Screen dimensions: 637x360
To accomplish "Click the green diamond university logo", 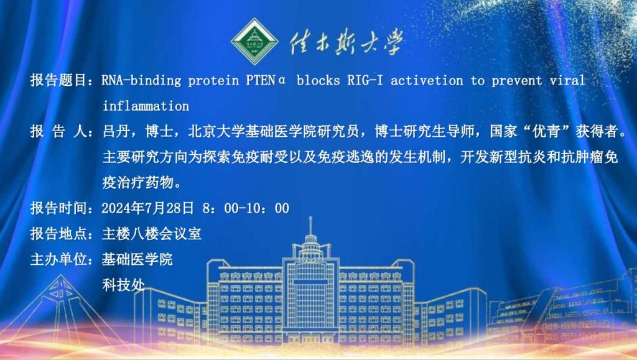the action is coord(254,42).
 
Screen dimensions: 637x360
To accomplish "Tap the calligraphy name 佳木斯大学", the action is coord(346,42).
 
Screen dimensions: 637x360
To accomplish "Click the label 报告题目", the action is coord(58,80).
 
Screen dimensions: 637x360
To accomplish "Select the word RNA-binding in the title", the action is coord(141,80).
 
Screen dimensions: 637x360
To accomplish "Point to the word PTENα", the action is coord(266,80).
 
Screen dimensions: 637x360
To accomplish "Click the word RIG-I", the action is coord(365,80).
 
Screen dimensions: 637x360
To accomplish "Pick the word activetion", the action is coord(427,80).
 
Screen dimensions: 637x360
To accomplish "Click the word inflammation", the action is coord(146,106).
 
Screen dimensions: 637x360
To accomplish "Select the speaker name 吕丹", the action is coord(116,131).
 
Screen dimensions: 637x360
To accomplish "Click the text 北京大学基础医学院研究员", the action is coord(274,131).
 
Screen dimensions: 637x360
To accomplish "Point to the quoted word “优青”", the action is coord(546,131).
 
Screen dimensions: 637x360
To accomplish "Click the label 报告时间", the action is coord(58,208).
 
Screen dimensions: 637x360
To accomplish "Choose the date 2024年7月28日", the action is coord(148,208).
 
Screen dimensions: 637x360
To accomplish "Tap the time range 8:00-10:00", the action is coord(246,208).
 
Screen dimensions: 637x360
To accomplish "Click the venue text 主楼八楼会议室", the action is coord(152,234).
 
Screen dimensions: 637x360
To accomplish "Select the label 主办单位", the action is coord(58,259).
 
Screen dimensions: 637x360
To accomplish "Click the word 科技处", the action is coord(124,285).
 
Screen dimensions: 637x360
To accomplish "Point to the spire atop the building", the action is coord(310,226).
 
